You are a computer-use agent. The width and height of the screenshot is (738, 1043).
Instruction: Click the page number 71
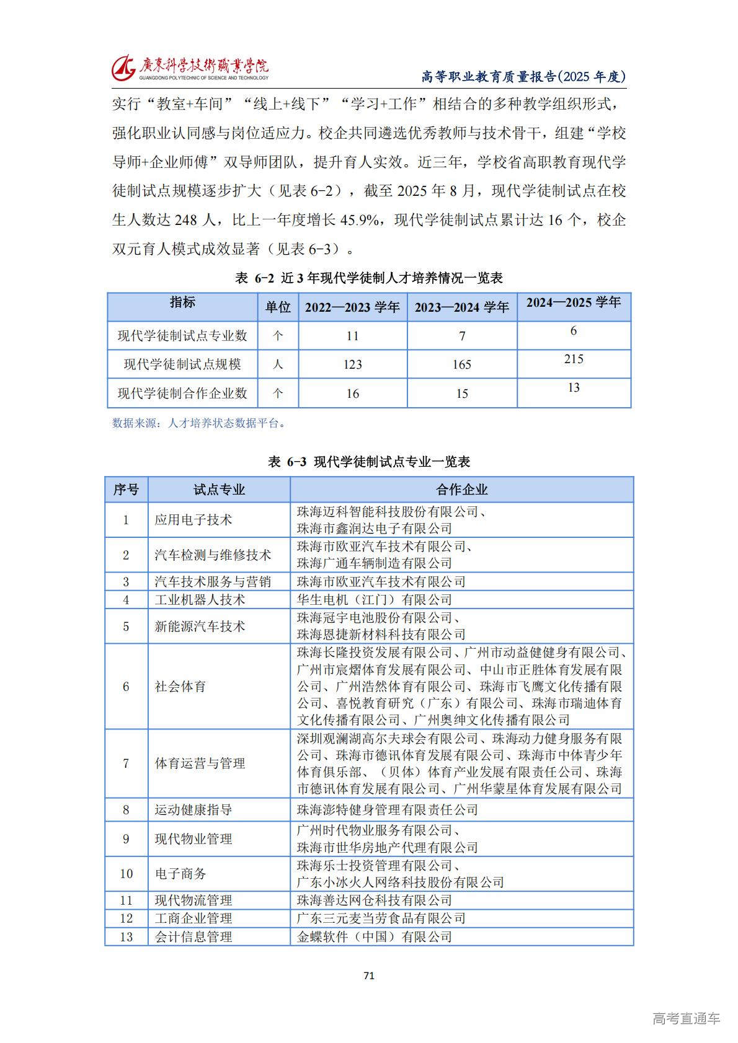coord(369,975)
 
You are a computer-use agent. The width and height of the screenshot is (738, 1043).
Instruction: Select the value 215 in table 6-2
coord(573,359)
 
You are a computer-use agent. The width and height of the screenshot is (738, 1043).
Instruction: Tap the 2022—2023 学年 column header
coord(352,307)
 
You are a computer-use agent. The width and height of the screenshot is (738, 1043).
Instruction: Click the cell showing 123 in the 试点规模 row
coord(352,364)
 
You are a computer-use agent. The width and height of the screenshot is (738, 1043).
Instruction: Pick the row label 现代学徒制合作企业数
coord(182,393)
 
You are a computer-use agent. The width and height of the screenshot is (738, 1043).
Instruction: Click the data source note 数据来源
coord(199,423)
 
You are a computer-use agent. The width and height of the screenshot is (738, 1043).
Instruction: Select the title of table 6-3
coord(369,462)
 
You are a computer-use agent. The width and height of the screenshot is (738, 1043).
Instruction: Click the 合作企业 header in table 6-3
coord(461,490)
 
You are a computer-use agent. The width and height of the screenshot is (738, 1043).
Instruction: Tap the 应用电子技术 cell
coord(193,520)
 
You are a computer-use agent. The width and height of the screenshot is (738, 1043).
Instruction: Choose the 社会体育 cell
coord(180,687)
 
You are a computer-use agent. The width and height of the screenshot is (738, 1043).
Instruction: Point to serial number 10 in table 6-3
coord(126,874)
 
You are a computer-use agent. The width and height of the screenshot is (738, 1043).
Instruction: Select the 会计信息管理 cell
coord(193,937)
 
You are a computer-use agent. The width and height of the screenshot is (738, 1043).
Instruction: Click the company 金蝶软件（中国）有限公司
coord(375,937)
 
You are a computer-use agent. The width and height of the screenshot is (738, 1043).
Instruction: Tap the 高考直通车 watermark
coord(686,1018)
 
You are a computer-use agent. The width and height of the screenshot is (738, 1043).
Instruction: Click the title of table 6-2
coord(369,278)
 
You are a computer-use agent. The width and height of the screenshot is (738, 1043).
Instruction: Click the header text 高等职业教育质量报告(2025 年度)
coord(523,76)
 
